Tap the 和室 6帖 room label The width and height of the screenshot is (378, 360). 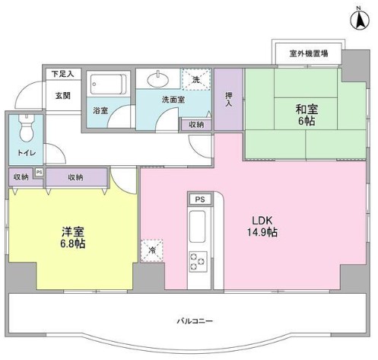307,114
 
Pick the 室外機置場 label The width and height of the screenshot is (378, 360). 309,53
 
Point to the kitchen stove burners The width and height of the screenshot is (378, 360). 199,260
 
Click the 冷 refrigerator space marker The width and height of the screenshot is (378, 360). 152,249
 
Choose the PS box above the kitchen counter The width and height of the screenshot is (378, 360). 199,199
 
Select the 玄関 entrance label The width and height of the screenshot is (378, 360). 62,96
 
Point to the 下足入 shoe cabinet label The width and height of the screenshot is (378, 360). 63,74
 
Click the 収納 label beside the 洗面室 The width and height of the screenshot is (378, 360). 196,125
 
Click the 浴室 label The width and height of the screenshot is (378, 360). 100,110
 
